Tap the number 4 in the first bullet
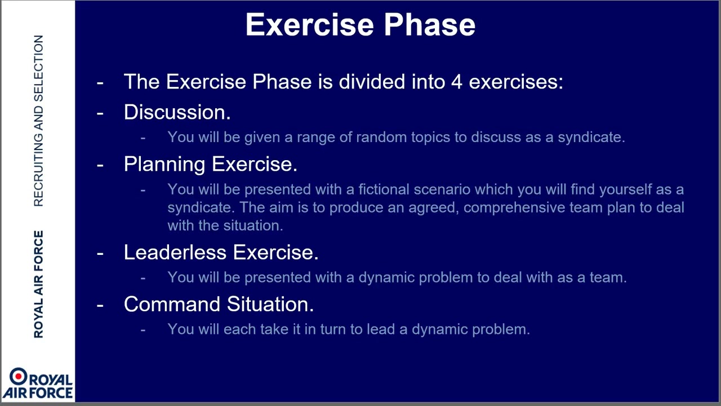(457, 82)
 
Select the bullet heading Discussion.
(177, 112)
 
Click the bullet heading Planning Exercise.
(211, 164)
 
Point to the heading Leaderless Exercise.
(221, 252)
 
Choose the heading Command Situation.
(219, 304)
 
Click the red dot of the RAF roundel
(19, 376)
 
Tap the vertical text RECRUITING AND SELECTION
(38, 121)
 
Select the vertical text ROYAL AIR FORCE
(38, 284)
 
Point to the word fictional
(384, 189)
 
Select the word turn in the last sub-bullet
(333, 329)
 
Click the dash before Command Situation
(100, 305)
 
